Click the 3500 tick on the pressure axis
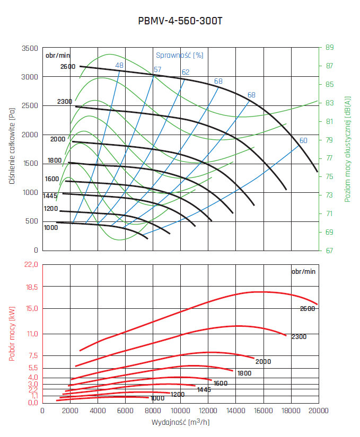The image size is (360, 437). (x=29, y=48)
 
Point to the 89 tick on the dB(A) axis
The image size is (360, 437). (x=329, y=48)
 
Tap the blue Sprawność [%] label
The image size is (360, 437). (x=180, y=55)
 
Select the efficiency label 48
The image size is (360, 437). (x=119, y=65)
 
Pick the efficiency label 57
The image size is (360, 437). (x=157, y=69)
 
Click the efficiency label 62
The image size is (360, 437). (x=186, y=72)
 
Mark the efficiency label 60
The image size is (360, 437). (x=303, y=140)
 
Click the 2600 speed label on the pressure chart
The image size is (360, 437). (x=68, y=67)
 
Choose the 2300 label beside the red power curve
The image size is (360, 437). (x=298, y=337)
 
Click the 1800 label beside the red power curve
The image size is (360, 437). (x=244, y=373)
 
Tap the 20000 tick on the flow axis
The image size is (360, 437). (x=318, y=411)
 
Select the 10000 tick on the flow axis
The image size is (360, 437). (x=180, y=411)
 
